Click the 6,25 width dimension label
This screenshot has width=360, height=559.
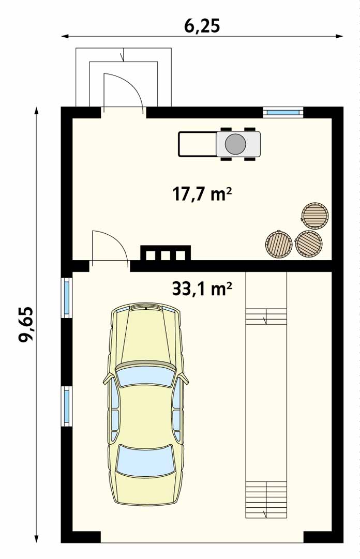[202, 25]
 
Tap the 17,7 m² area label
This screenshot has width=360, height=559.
[202, 194]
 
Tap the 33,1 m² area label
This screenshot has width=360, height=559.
[202, 289]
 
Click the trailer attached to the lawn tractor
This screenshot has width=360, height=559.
[198, 144]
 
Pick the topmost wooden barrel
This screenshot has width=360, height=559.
[314, 216]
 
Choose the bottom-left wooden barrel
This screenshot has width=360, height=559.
[279, 244]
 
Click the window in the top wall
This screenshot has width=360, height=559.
[283, 112]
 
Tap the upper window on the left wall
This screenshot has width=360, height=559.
[67, 297]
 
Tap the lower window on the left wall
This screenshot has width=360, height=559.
[67, 406]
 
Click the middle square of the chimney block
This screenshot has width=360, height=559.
[166, 255]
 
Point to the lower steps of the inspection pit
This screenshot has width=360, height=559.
[266, 500]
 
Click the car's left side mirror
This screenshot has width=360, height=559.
[109, 379]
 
